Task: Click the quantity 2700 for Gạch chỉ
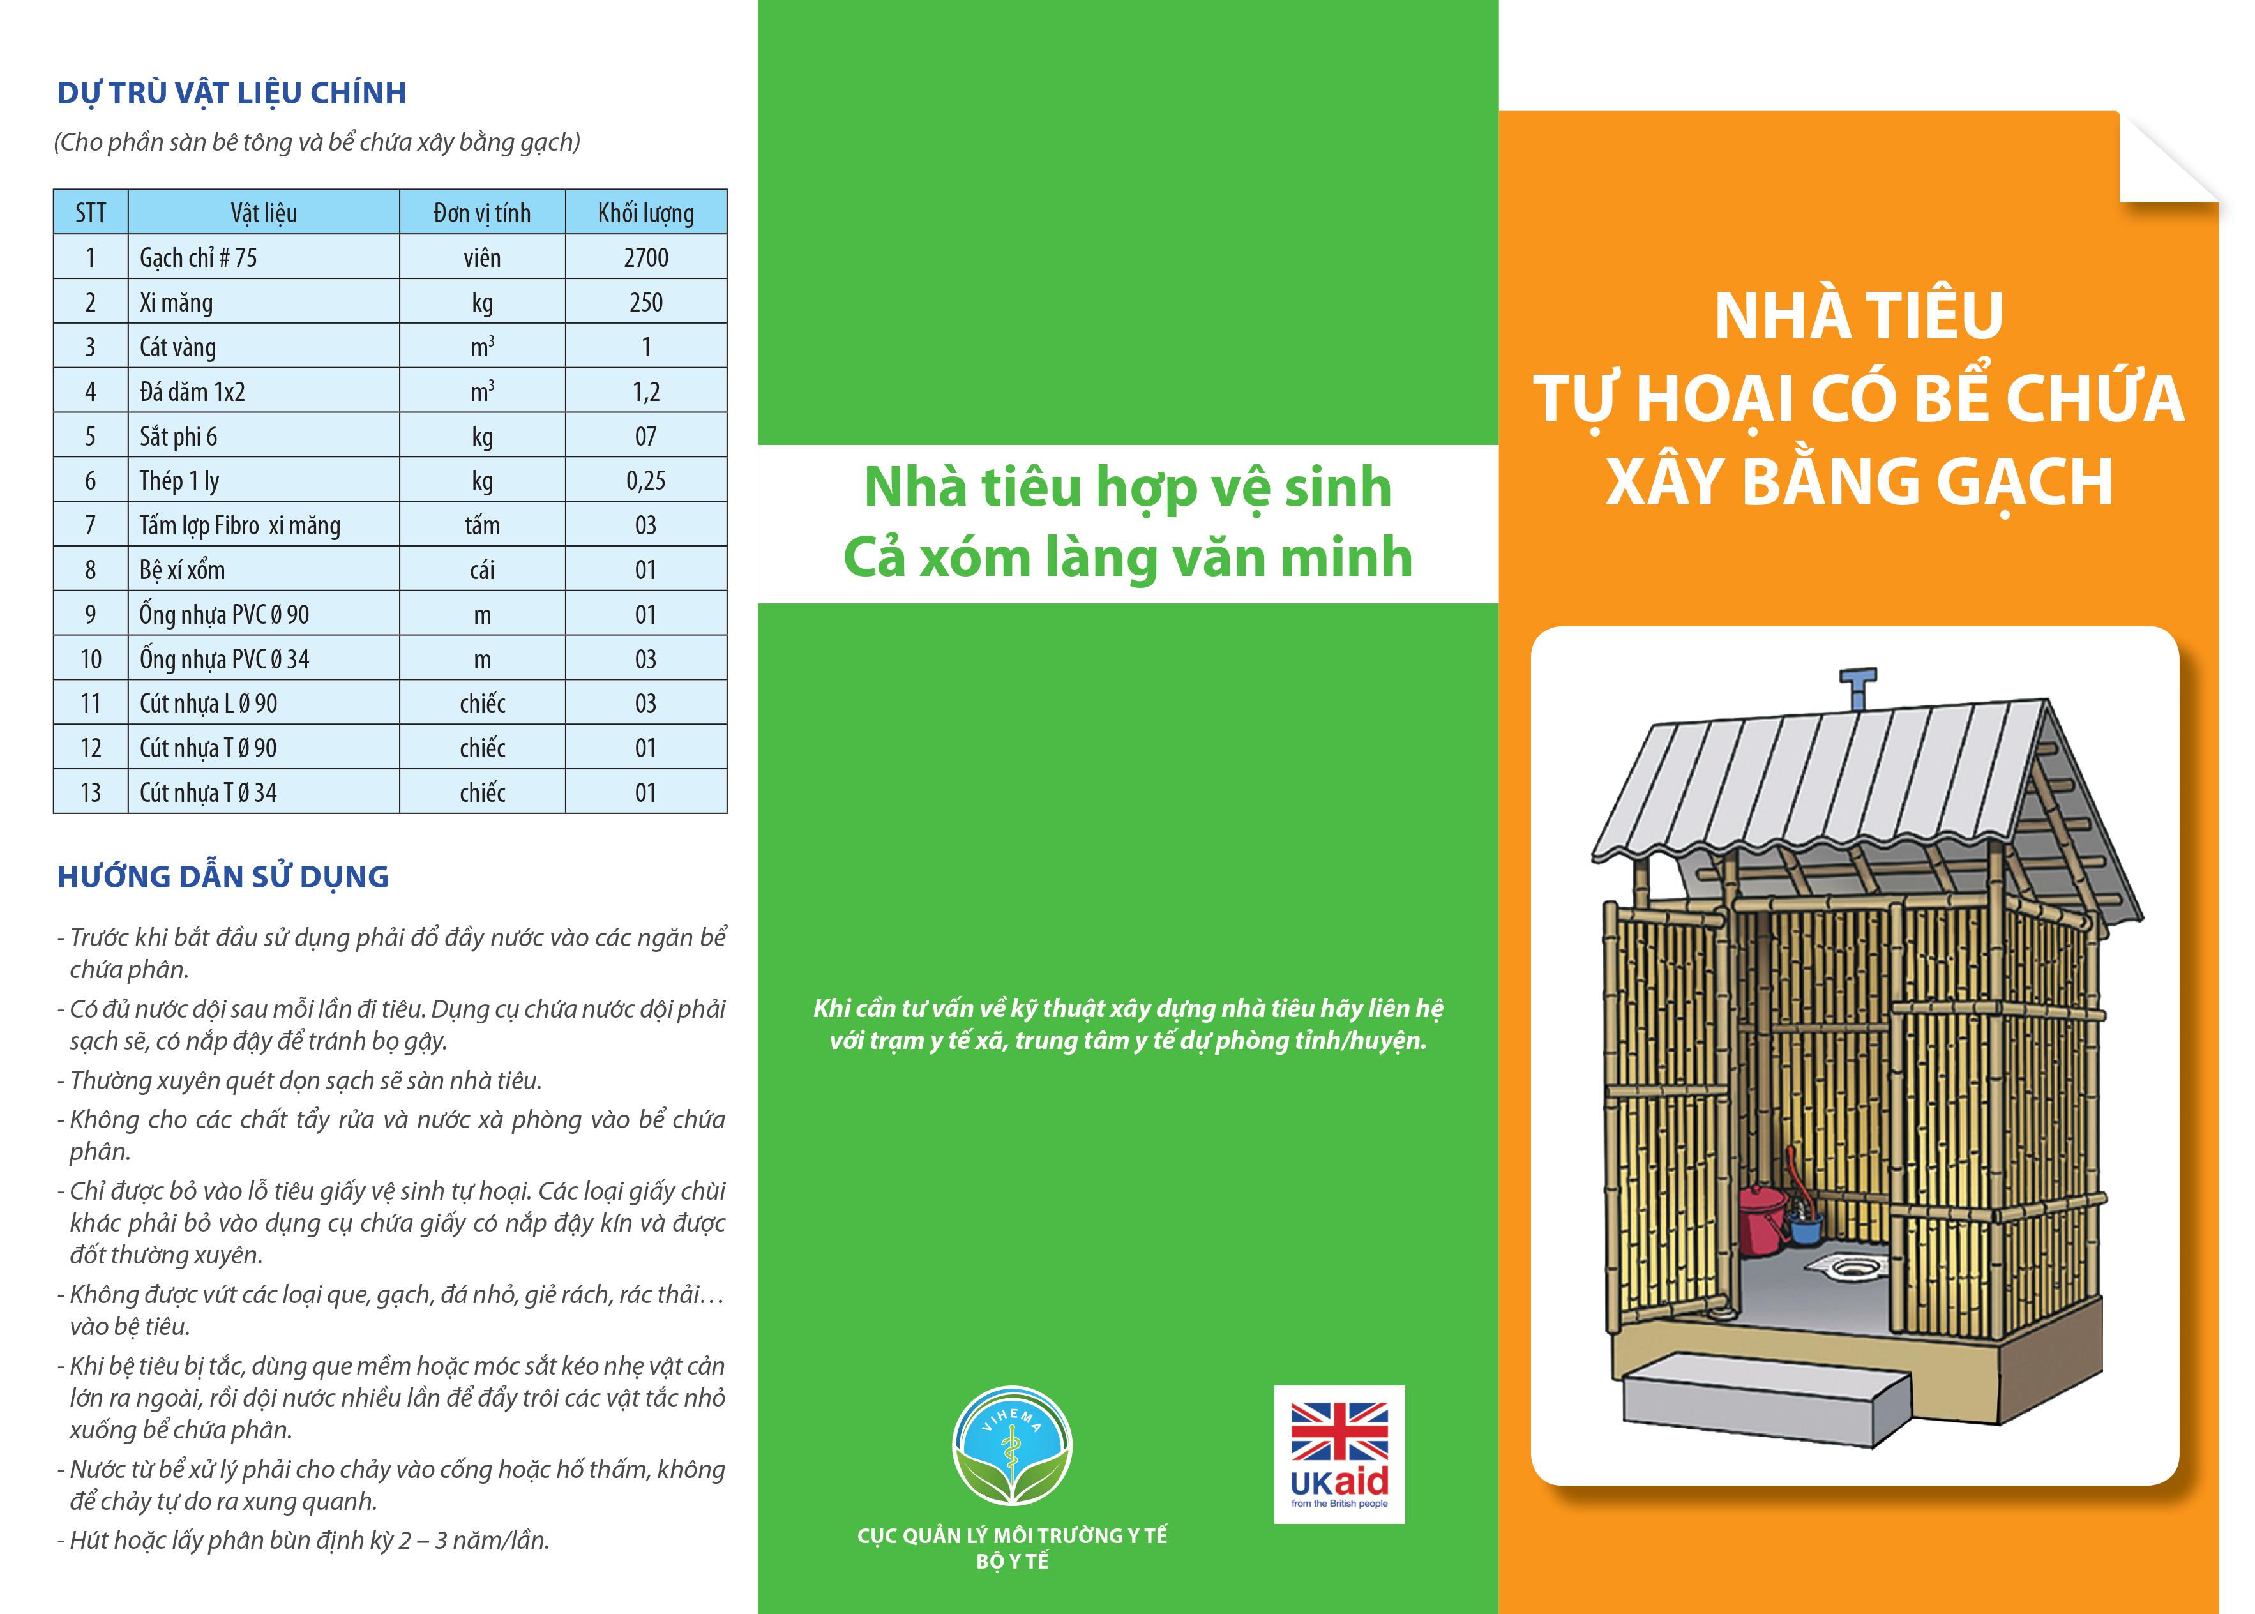(646, 257)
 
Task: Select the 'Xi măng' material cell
(176, 302)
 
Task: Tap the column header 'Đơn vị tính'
(482, 213)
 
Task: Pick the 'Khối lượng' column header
(646, 213)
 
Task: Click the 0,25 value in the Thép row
(646, 481)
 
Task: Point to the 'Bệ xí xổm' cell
(182, 569)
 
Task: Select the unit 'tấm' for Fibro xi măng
(482, 525)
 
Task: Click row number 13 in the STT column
(91, 793)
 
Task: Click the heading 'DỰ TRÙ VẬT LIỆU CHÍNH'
(232, 93)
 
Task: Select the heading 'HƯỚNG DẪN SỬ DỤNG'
(223, 877)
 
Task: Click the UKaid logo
(1339, 1454)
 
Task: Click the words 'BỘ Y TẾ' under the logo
(1012, 1561)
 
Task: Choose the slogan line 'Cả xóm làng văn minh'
(1128, 557)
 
